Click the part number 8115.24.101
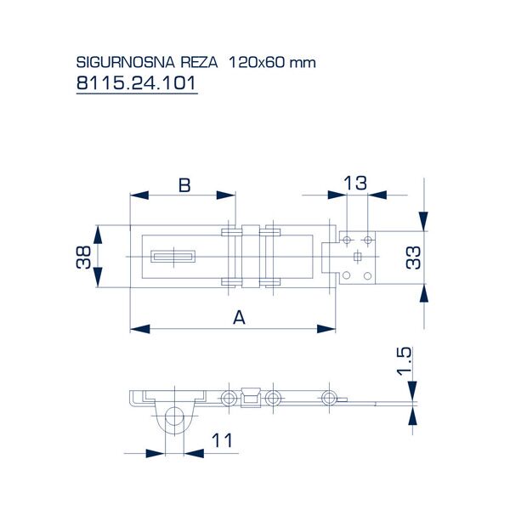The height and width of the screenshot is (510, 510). [136, 85]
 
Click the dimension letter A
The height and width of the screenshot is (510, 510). [239, 318]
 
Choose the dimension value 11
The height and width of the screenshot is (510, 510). [221, 439]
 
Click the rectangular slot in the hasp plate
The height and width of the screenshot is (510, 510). [173, 255]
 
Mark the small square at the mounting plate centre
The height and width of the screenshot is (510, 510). [358, 257]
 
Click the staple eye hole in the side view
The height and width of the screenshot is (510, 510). [173, 416]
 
